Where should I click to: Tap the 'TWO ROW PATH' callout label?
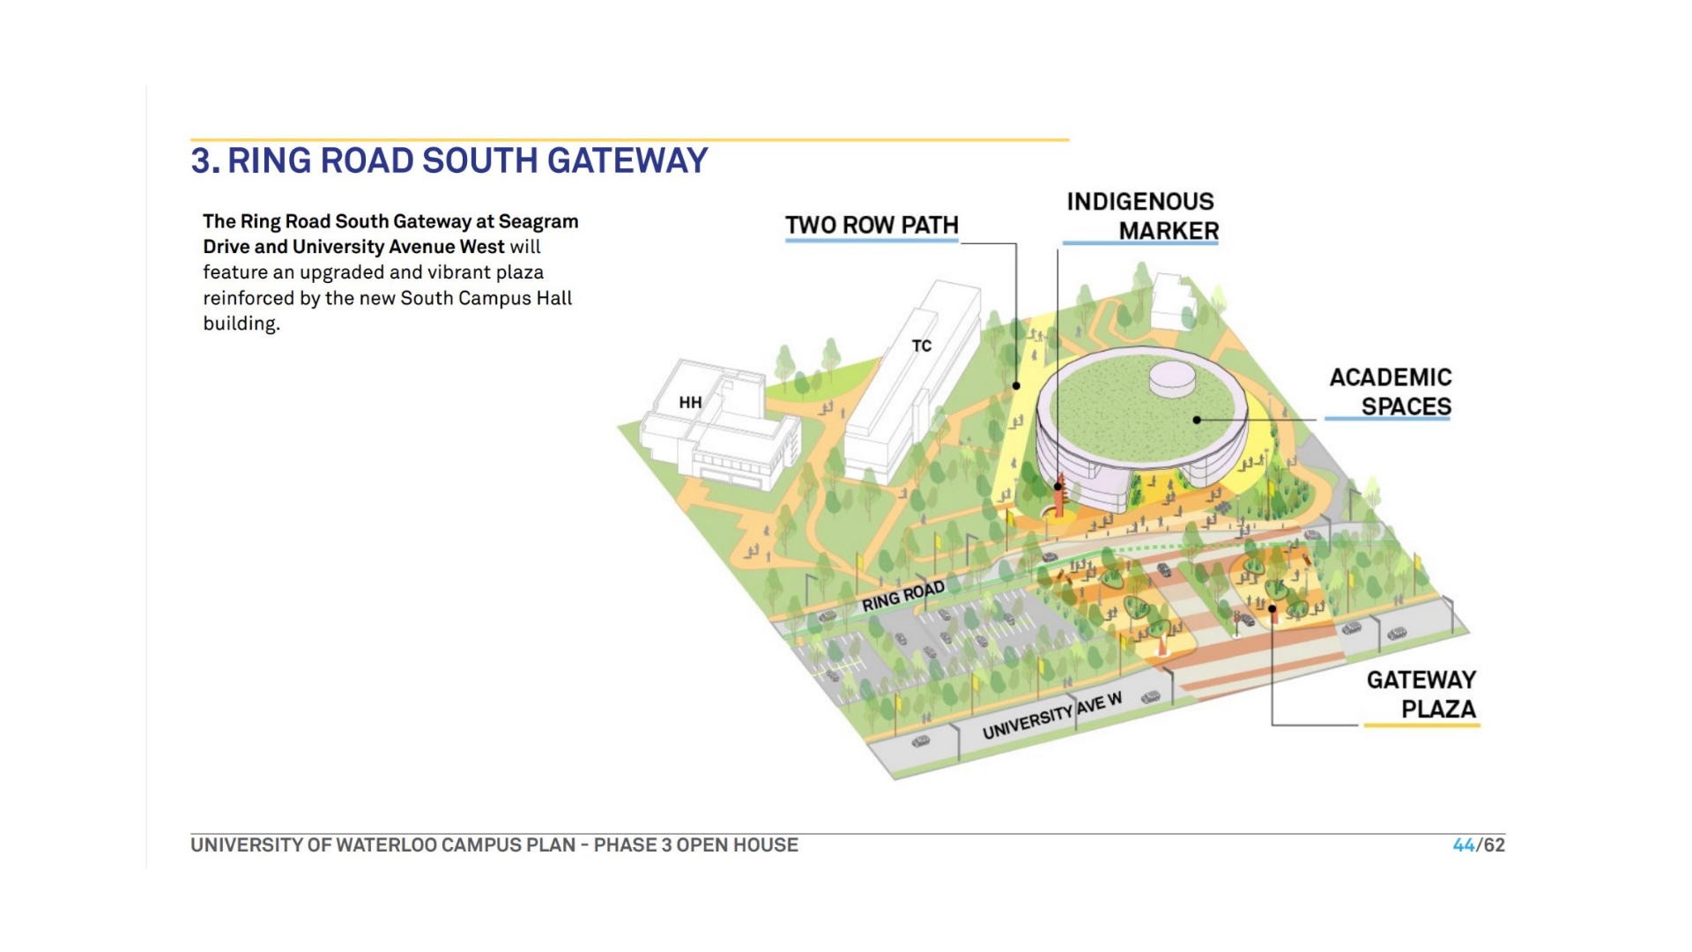pos(872,226)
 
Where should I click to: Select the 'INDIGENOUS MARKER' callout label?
pos(1142,216)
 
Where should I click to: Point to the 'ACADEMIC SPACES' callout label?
pos(1391,392)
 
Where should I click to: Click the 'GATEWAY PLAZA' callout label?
pos(1421,695)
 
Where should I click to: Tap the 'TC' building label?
pos(922,346)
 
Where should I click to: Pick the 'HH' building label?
pos(690,403)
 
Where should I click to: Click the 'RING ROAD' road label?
pos(902,597)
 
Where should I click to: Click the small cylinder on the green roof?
pos(1172,379)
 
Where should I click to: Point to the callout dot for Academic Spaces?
pos(1197,420)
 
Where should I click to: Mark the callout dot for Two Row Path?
pos(1016,386)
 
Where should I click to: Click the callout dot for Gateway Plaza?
pos(1273,608)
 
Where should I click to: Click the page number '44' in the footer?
pos(1463,845)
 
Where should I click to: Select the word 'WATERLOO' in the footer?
pos(386,845)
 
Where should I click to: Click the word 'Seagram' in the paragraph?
pos(538,221)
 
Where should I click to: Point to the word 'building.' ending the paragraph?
pos(241,324)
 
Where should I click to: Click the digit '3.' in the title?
pos(204,161)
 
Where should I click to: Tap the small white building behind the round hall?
pos(1173,301)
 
